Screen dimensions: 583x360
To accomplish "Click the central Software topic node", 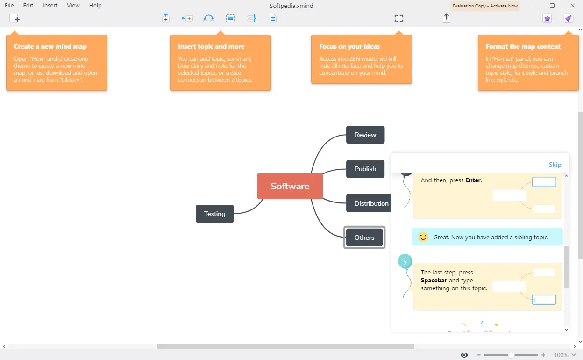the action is pos(290,186).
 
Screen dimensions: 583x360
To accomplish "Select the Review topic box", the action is pos(365,135).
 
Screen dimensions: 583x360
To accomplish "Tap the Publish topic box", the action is pos(365,169).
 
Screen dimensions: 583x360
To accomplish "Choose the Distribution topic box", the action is pos(369,203).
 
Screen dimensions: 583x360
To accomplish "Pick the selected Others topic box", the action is pos(364,238).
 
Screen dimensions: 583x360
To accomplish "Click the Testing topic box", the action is pos(215,214).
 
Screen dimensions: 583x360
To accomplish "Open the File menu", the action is pos(9,5).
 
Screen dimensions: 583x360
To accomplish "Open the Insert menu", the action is pos(50,5).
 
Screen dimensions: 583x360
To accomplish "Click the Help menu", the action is pos(95,5).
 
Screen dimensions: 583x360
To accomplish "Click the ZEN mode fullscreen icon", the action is pos(399,19).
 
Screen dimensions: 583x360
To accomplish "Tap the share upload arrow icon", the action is pos(447,18).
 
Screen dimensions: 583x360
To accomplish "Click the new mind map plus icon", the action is pos(14,19).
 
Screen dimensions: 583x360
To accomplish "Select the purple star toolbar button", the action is pos(547,19).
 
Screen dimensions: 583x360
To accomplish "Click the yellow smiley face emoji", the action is pos(423,237).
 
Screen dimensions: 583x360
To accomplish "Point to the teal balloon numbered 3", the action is pos(405,261).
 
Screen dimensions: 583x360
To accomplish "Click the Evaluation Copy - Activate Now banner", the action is pos(485,6).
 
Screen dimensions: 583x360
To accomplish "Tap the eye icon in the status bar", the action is pos(464,355).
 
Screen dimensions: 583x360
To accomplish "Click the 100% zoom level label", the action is pos(561,355).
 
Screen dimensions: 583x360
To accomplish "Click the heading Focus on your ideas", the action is pos(349,46).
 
